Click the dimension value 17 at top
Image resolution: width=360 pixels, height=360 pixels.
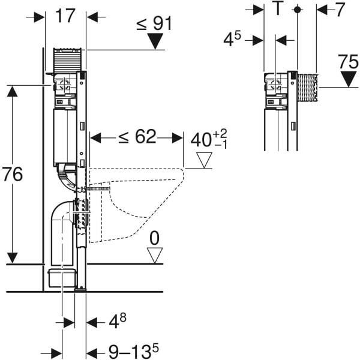coord(66,16)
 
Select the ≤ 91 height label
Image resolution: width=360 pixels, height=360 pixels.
coord(154,23)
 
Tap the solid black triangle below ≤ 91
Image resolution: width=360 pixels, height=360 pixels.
coord(156,41)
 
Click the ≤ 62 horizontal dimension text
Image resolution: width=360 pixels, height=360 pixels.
coord(137,137)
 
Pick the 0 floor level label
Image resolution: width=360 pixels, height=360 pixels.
coord(155,239)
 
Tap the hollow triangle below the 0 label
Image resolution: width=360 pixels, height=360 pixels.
coord(155,256)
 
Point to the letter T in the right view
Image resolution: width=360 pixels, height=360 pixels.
coord(278,9)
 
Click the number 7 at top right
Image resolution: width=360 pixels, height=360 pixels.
coord(340,9)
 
